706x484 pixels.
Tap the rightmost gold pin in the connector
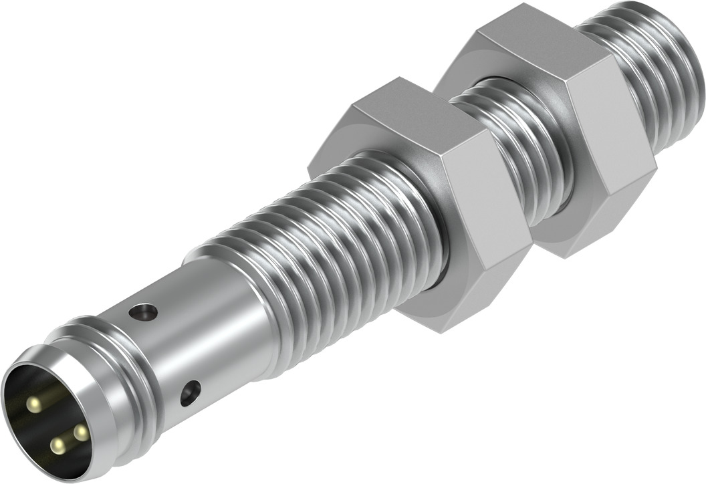coord(81,433)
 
